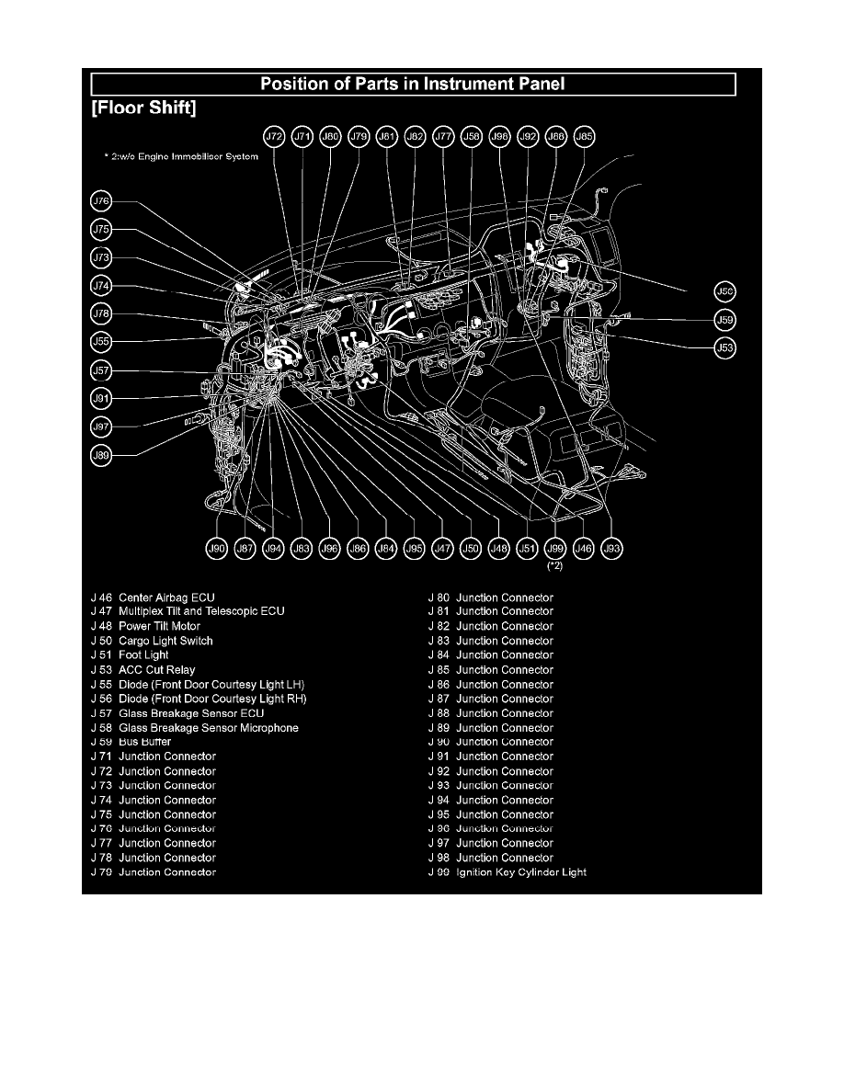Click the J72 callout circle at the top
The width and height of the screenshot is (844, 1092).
pyautogui.click(x=274, y=137)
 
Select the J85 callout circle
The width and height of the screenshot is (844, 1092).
pyautogui.click(x=584, y=137)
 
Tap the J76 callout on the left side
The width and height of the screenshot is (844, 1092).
pyautogui.click(x=101, y=201)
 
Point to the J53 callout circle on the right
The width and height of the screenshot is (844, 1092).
pyautogui.click(x=725, y=348)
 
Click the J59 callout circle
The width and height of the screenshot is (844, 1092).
pyautogui.click(x=725, y=321)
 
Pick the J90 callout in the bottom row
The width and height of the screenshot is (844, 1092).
pyautogui.click(x=216, y=549)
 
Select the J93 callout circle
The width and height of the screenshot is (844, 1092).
pyautogui.click(x=611, y=549)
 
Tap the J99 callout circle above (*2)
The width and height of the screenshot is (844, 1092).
pyautogui.click(x=554, y=549)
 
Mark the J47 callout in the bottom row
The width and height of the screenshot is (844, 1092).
pyautogui.click(x=442, y=549)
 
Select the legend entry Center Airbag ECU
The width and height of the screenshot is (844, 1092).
pyautogui.click(x=166, y=597)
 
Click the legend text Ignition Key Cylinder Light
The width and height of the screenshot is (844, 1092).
pyautogui.click(x=521, y=872)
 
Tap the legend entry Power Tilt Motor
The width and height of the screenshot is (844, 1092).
pyautogui.click(x=159, y=626)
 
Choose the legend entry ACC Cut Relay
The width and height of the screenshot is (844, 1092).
pyautogui.click(x=156, y=670)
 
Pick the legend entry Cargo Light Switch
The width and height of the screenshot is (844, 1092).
pyautogui.click(x=165, y=641)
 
